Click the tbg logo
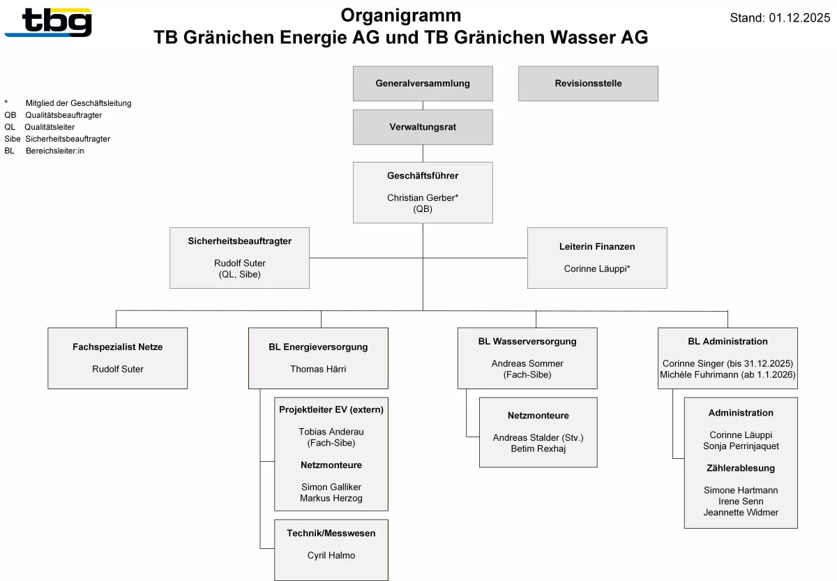point(48,22)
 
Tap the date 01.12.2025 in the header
point(799,18)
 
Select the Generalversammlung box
point(423,84)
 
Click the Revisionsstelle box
point(588,84)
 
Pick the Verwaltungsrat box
point(423,127)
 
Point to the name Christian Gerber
point(421,198)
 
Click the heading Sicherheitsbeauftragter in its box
point(239,241)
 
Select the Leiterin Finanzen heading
point(597,247)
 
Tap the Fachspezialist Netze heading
point(117,347)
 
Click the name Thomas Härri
point(318,370)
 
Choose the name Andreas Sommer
point(527,364)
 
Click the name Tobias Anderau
point(331,432)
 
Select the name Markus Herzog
point(331,498)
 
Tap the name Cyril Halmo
point(331,556)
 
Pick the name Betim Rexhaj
point(538,448)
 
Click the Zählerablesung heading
point(741,469)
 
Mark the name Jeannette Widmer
point(741,513)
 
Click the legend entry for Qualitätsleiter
point(49,127)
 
